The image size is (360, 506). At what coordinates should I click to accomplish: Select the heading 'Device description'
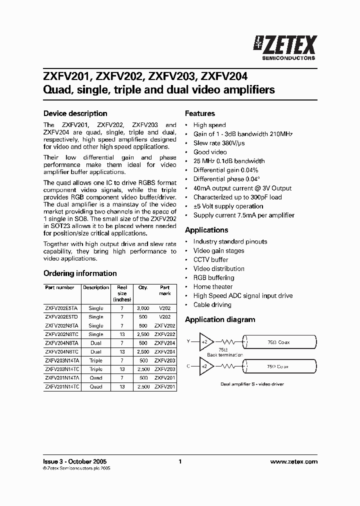[75, 113]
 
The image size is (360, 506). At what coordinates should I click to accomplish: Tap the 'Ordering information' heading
[80, 273]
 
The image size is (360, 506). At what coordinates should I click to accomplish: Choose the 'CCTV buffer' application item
[210, 259]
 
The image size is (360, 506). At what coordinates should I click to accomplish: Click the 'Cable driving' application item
[212, 304]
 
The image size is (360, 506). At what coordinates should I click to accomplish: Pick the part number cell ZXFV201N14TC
[61, 386]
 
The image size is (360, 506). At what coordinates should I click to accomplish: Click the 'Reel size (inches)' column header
[122, 293]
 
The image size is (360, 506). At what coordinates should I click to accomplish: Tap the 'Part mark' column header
[164, 290]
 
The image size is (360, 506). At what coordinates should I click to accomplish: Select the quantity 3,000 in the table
[143, 308]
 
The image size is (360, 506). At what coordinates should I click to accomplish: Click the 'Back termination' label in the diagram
[225, 354]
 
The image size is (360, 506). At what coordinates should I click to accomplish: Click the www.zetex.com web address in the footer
[293, 461]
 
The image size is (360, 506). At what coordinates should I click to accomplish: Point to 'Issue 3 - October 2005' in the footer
[75, 461]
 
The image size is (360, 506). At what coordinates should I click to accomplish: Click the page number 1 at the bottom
[180, 461]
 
